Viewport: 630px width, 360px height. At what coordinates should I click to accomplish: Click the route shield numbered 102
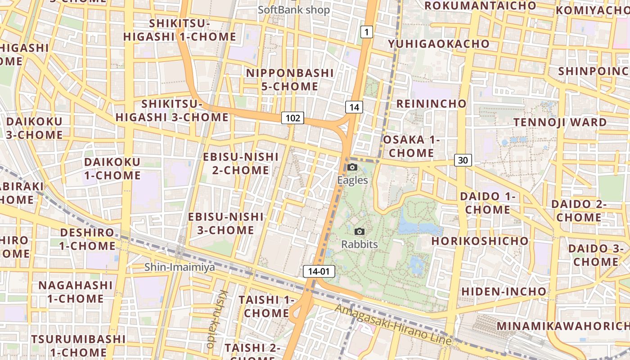pyautogui.click(x=292, y=118)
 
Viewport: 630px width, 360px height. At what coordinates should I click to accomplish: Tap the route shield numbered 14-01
pyautogui.click(x=319, y=271)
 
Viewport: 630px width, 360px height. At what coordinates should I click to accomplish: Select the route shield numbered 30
pyautogui.click(x=463, y=160)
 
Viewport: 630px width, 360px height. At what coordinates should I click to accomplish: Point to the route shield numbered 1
pyautogui.click(x=367, y=32)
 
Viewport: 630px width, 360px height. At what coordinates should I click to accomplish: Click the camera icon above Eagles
pyautogui.click(x=352, y=167)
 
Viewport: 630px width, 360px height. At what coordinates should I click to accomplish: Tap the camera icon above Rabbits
pyautogui.click(x=359, y=231)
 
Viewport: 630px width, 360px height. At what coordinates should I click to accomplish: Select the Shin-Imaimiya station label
pyautogui.click(x=180, y=267)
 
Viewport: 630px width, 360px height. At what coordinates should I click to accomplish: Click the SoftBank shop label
pyautogui.click(x=294, y=10)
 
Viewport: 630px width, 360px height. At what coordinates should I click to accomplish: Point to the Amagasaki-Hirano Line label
pyautogui.click(x=393, y=325)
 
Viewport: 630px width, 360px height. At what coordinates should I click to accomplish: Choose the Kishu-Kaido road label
pyautogui.click(x=217, y=319)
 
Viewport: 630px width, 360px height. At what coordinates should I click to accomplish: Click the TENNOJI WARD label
pyautogui.click(x=560, y=122)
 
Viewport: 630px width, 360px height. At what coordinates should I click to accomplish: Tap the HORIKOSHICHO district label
pyautogui.click(x=480, y=241)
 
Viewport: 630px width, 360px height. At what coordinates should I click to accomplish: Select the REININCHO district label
pyautogui.click(x=431, y=103)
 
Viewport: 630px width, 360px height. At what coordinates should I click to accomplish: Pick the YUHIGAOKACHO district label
pyautogui.click(x=439, y=44)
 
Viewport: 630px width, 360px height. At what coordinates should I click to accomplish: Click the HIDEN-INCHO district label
pyautogui.click(x=504, y=291)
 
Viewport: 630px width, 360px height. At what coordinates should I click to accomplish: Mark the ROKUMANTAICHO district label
pyautogui.click(x=480, y=5)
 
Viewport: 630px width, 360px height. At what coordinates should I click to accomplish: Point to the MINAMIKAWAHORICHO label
pyautogui.click(x=563, y=326)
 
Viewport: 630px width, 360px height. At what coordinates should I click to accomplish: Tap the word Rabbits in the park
pyautogui.click(x=359, y=244)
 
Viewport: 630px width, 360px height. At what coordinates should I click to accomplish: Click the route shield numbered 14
pyautogui.click(x=354, y=107)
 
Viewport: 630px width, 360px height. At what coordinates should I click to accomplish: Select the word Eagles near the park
pyautogui.click(x=353, y=180)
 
